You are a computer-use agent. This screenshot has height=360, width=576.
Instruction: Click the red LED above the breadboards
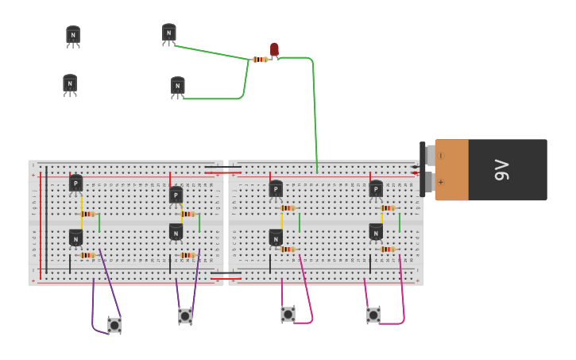(x=274, y=50)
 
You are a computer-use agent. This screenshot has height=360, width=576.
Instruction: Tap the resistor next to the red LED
(x=260, y=60)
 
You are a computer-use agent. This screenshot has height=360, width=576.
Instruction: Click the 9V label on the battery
(x=501, y=169)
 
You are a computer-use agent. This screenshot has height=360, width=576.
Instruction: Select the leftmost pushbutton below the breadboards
(x=114, y=324)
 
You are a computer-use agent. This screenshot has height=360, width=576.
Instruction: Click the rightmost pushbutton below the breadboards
(x=373, y=315)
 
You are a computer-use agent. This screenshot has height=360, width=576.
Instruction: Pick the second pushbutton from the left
(x=185, y=315)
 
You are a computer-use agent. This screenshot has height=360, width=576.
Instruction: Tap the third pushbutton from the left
(x=288, y=315)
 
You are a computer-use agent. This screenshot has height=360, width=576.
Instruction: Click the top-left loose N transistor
(x=73, y=35)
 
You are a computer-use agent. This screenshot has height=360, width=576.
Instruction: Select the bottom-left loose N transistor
(x=70, y=83)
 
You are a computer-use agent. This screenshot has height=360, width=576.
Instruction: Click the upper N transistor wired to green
(x=169, y=33)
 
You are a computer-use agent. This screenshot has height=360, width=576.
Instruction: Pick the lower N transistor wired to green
(x=178, y=86)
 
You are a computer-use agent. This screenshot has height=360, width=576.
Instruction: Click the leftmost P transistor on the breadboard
(x=75, y=184)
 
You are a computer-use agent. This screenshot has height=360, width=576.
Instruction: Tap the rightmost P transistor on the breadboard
(x=376, y=189)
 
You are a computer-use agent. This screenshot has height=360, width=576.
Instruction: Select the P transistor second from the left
(x=176, y=195)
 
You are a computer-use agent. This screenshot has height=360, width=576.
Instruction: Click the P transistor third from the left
(x=276, y=189)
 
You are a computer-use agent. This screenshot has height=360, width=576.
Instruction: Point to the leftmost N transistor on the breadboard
(x=75, y=238)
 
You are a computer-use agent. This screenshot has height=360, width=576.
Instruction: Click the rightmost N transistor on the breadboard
(x=376, y=232)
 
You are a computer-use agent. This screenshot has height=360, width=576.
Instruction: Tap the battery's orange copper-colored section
(x=451, y=169)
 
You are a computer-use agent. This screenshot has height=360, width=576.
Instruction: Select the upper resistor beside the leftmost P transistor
(x=87, y=214)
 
